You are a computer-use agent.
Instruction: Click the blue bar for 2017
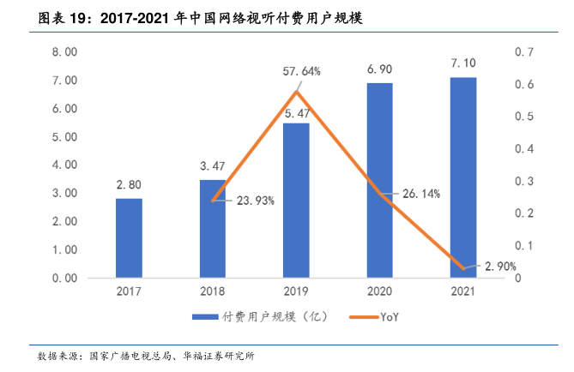click(x=129, y=238)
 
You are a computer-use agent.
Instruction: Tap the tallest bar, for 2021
click(x=463, y=177)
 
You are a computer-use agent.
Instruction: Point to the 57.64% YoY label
click(x=302, y=72)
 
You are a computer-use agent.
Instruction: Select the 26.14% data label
click(x=421, y=195)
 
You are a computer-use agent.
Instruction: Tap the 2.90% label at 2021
click(x=500, y=267)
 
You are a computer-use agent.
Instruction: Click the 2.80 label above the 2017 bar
click(x=129, y=184)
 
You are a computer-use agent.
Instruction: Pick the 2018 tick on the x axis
click(x=212, y=291)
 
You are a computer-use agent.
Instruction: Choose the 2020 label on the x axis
click(x=379, y=291)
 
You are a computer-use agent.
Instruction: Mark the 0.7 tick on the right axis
click(x=523, y=52)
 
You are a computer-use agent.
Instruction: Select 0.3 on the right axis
click(x=523, y=182)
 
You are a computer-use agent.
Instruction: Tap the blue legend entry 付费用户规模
click(x=257, y=317)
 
